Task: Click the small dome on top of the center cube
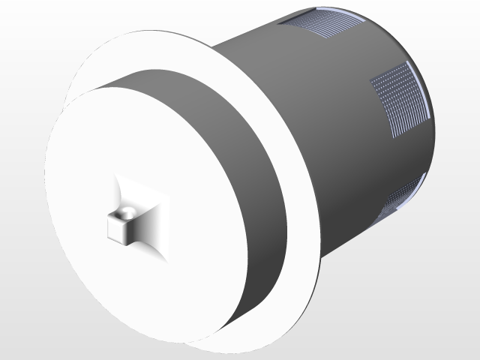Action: coord(130,213)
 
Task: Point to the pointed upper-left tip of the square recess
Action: coord(117,177)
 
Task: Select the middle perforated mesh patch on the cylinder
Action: coord(397,97)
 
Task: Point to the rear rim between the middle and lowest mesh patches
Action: coord(432,150)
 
